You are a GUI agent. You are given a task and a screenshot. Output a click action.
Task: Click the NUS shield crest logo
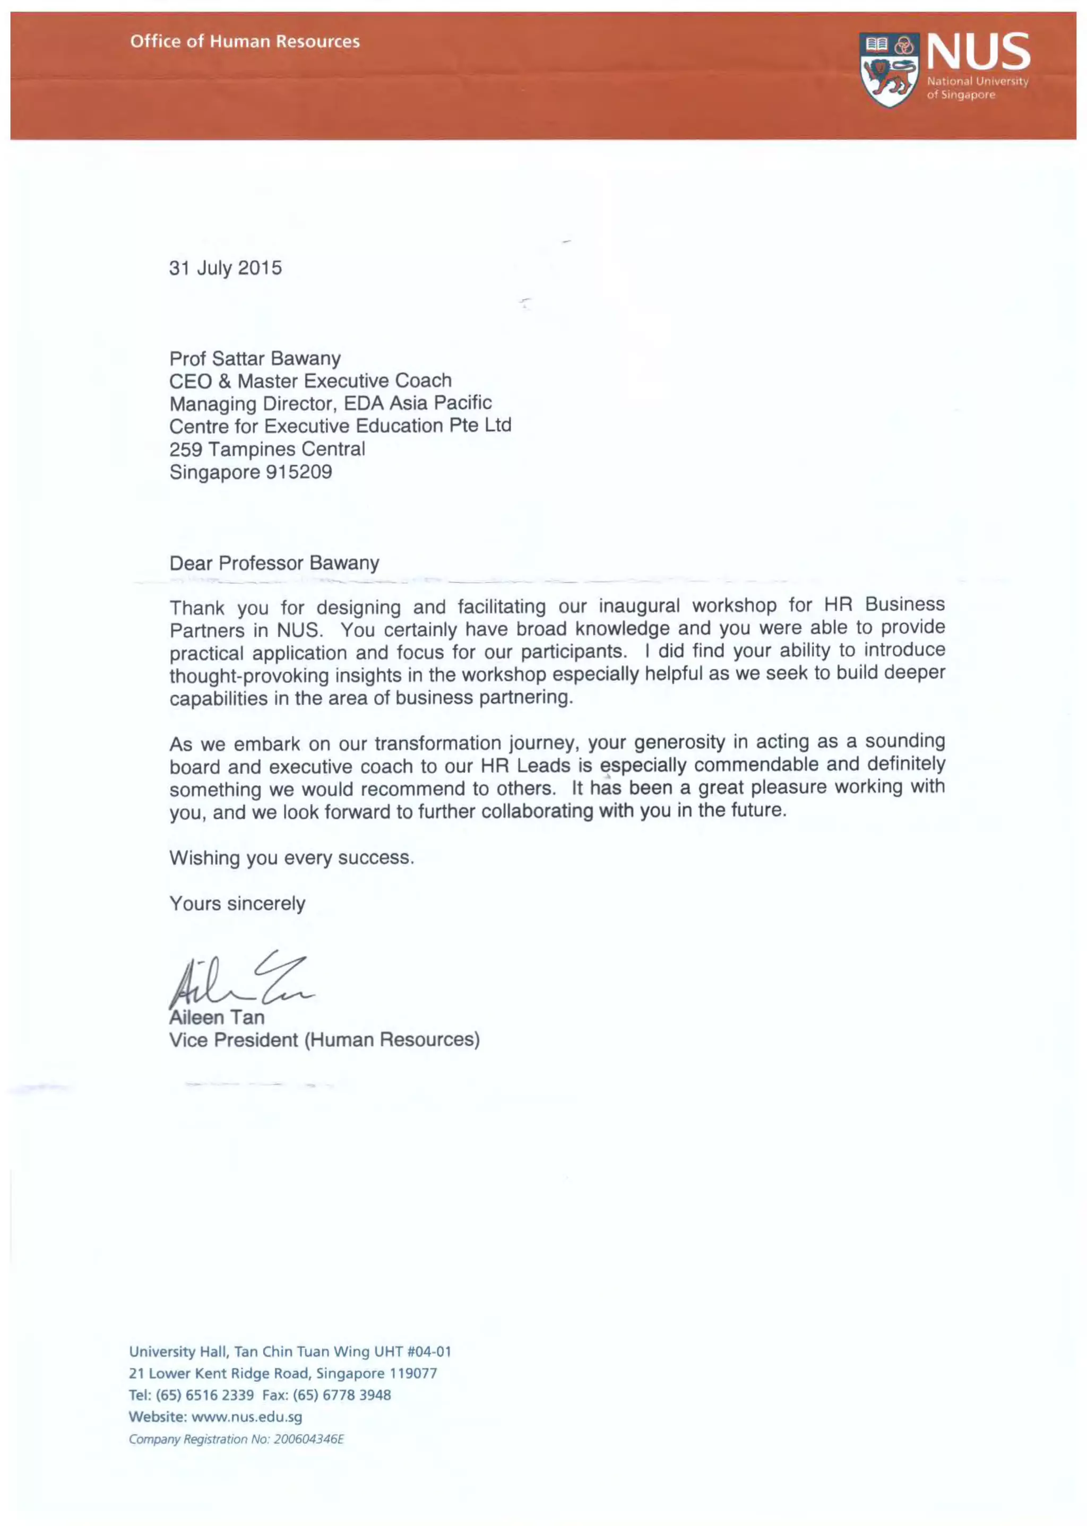pos(890,70)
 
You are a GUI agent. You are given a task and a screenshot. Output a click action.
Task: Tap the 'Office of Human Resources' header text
pos(245,41)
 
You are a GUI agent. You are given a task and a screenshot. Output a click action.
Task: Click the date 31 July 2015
pos(226,268)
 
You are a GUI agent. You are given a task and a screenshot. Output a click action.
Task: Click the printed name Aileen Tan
pos(217,1018)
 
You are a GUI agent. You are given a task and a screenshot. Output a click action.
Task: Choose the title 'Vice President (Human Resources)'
pos(325,1041)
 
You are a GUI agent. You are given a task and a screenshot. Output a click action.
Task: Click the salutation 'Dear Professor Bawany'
pos(274,563)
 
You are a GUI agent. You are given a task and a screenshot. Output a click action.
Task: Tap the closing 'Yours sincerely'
pos(238,904)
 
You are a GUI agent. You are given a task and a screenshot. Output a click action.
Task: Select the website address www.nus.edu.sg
pos(247,1417)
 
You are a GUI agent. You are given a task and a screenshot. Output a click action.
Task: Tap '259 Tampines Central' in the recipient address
pos(267,449)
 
